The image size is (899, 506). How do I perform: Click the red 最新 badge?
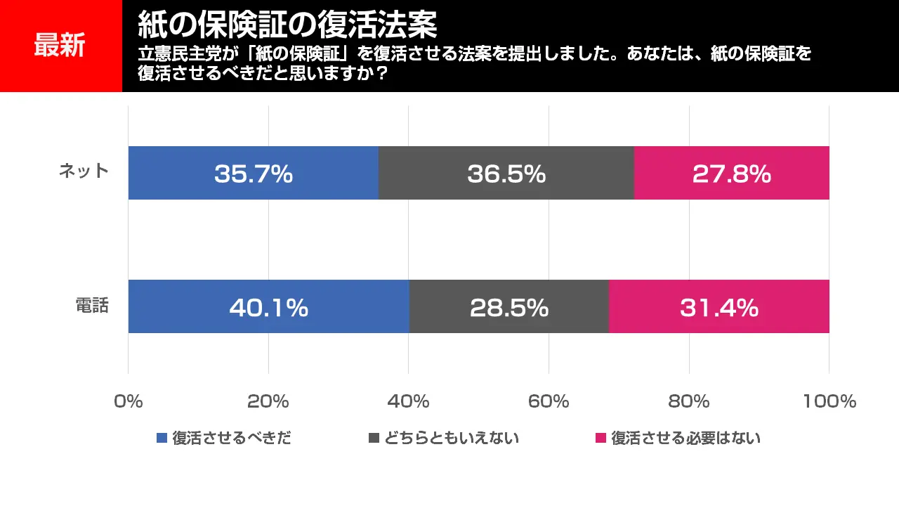[x=60, y=46]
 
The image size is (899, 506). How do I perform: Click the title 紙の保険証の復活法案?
[x=287, y=25]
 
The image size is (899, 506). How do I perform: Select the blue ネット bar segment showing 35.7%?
[x=253, y=173]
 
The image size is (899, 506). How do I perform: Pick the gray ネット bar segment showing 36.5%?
[x=506, y=173]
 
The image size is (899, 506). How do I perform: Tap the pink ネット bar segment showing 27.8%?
[x=731, y=173]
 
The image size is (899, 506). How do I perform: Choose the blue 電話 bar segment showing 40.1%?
[x=268, y=306]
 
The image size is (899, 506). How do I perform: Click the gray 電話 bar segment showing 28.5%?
[x=508, y=306]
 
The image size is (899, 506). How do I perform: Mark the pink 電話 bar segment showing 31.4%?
[x=718, y=306]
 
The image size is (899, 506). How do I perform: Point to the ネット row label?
[x=84, y=171]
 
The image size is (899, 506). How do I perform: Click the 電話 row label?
[x=92, y=306]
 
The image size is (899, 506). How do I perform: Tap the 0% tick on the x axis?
[x=128, y=401]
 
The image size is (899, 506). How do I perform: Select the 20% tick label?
[x=268, y=401]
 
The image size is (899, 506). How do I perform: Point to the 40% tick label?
[x=408, y=401]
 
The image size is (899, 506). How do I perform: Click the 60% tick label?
[x=549, y=401]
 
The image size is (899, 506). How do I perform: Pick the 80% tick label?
[x=689, y=401]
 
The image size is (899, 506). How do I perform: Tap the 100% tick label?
[x=829, y=401]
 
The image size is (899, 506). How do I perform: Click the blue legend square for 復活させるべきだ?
[x=162, y=439]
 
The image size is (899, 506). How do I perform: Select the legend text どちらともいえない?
[x=452, y=439]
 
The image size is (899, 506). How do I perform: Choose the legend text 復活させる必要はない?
[x=685, y=439]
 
